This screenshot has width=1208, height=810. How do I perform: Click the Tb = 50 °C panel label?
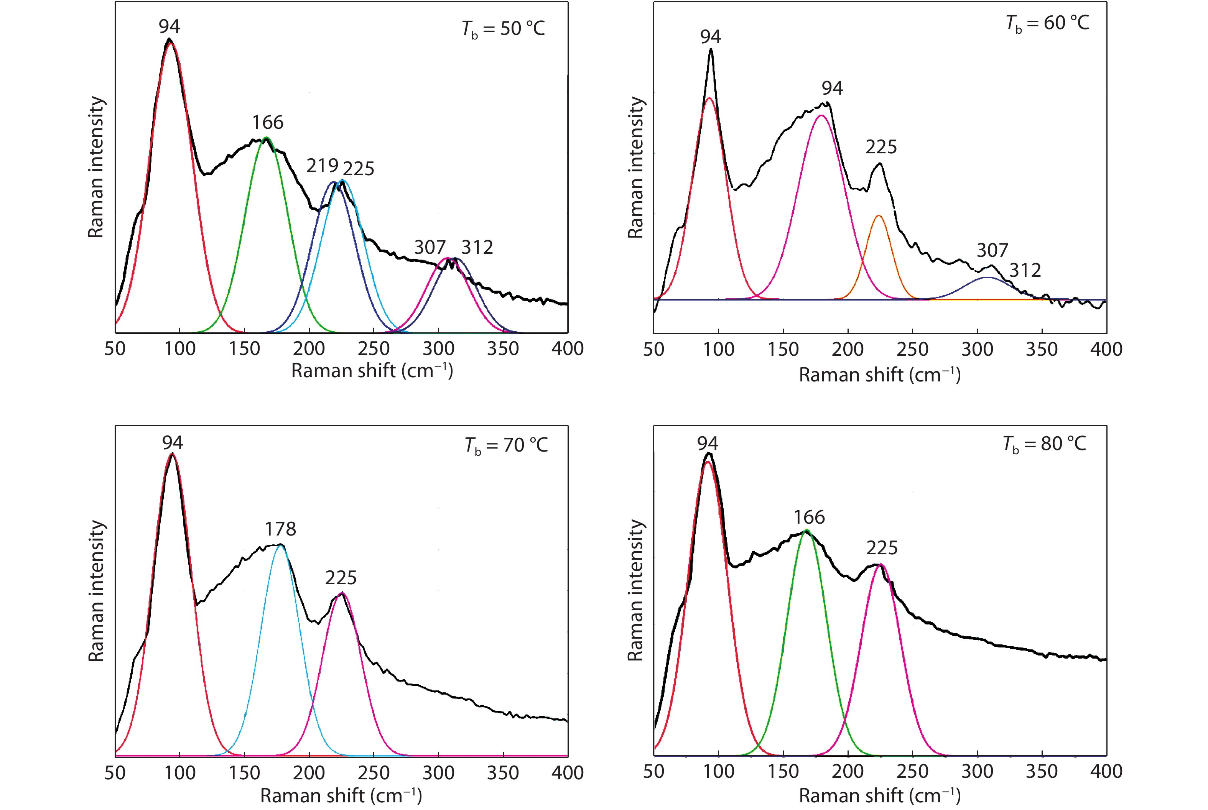(503, 29)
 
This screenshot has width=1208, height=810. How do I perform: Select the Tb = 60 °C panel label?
(1047, 24)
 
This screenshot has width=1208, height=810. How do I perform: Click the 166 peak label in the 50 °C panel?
(268, 122)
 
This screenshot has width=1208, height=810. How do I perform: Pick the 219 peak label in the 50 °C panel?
(322, 166)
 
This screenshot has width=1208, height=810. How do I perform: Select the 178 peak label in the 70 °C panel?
(281, 529)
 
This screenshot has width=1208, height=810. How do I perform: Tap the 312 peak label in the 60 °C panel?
(1025, 270)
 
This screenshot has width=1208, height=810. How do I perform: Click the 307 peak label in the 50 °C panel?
(430, 247)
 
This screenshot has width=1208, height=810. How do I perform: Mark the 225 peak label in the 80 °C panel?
(882, 547)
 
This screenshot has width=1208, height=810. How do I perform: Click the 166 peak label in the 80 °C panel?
(809, 517)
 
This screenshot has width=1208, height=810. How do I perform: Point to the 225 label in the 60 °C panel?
(881, 147)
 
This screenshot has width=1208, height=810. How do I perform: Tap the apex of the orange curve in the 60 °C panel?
(878, 216)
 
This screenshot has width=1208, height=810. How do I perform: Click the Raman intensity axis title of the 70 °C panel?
(96, 591)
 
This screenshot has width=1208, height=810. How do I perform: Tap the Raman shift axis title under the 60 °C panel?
(879, 375)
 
